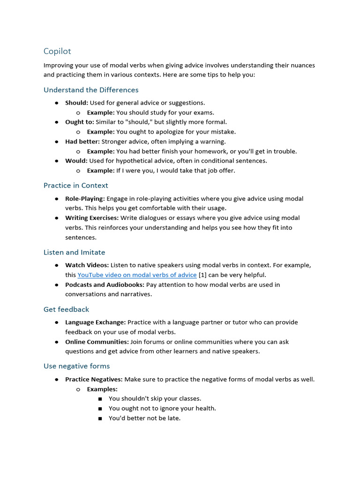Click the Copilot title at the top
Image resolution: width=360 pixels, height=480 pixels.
point(57,51)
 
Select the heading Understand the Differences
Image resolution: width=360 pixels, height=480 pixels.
point(91,90)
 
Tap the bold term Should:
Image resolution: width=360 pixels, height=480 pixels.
point(76,103)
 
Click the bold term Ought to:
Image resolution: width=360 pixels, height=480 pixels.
point(79,122)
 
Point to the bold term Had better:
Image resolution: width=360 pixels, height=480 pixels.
point(82,142)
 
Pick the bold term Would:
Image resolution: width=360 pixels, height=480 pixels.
point(76,161)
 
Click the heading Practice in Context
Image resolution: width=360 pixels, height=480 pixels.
point(76,186)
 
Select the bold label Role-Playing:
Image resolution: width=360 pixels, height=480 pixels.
point(85,199)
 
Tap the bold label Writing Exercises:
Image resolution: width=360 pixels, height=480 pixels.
point(91,218)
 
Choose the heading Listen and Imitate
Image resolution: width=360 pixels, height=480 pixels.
point(74,252)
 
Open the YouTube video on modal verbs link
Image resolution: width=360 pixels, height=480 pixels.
point(137,275)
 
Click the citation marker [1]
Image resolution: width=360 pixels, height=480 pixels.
point(203,275)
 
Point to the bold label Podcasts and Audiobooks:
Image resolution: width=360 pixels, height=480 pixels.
point(105,285)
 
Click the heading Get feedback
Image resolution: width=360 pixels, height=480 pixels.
point(66,309)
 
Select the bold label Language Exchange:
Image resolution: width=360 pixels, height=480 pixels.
point(95,322)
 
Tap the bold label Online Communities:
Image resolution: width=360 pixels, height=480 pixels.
point(97,342)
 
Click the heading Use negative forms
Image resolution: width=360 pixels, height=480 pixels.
point(76,366)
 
